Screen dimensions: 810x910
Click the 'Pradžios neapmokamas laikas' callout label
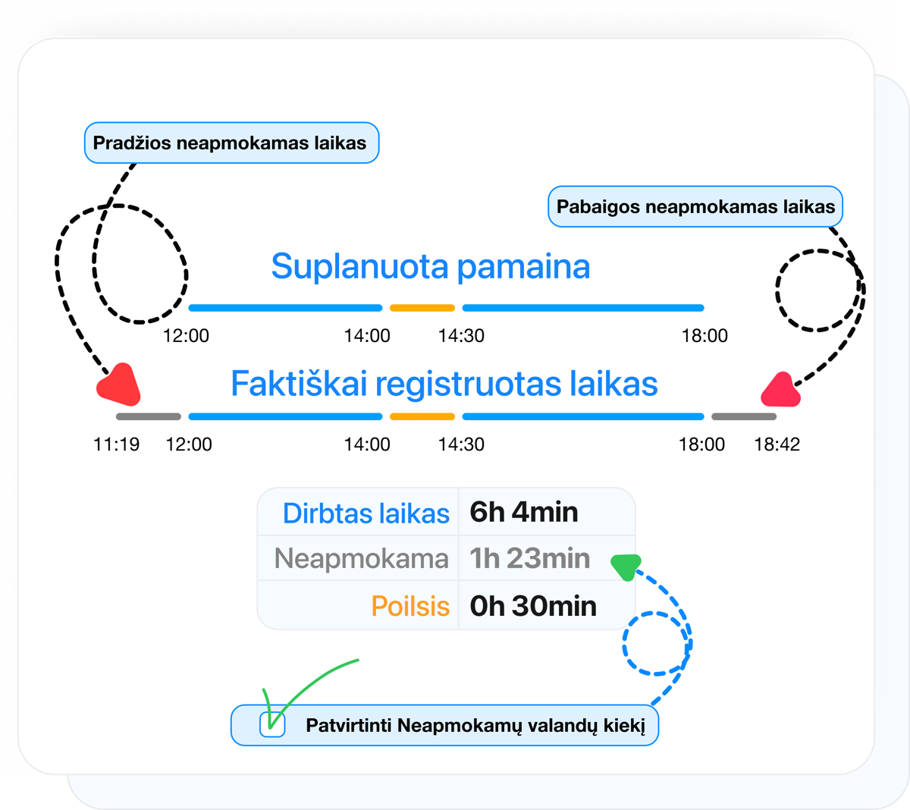pos(231,143)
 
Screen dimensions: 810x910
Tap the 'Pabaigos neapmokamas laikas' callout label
pos(695,206)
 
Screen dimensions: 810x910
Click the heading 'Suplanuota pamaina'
pos(430,266)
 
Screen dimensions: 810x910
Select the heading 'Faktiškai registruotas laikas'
pos(444,384)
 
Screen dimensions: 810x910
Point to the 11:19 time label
pos(116,444)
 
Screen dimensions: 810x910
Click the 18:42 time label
pos(777,444)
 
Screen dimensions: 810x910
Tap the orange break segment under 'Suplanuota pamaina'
pos(422,308)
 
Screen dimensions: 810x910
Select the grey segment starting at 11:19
pos(149,416)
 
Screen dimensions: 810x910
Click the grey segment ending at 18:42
pos(743,416)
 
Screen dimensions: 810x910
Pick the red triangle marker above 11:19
pos(119,385)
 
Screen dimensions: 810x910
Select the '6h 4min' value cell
pos(524,513)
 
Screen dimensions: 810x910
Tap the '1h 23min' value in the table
pos(529,559)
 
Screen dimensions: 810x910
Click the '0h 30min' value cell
pos(533,606)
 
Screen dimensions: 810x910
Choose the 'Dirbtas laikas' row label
pos(366,513)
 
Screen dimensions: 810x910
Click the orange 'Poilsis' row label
pos(410,606)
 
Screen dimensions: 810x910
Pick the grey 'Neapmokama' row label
pos(361,559)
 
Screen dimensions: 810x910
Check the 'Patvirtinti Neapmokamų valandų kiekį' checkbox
pos(272,725)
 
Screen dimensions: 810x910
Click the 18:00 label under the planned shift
pos(704,336)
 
